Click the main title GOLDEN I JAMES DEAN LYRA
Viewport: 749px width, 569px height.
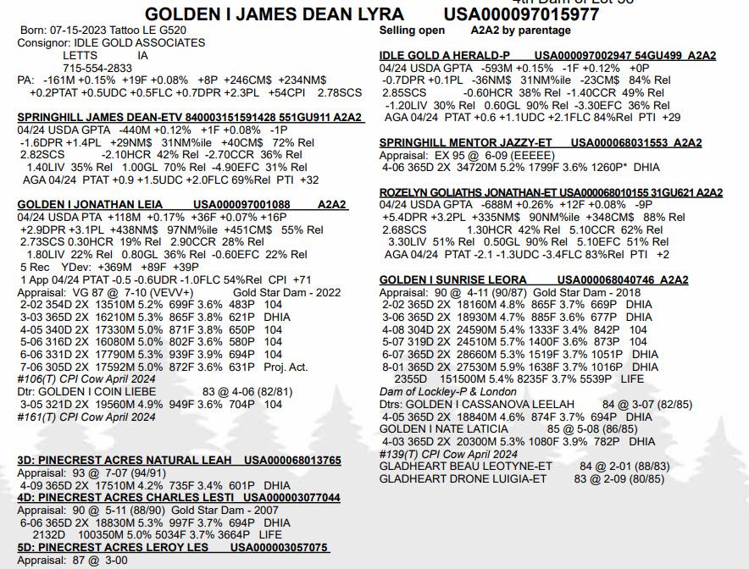[x=275, y=15]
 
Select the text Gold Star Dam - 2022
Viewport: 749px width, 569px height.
[x=286, y=292]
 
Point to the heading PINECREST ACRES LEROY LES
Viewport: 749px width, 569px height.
[x=114, y=548]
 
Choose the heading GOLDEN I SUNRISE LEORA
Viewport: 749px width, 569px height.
[x=452, y=279]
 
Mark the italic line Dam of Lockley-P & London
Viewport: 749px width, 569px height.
[x=447, y=391]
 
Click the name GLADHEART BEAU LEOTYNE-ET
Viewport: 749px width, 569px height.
[x=465, y=466]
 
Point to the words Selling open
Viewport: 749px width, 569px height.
[x=412, y=30]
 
